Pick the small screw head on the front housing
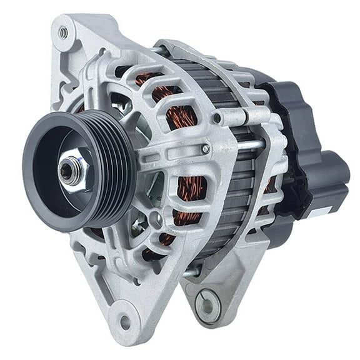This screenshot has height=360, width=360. tap(206, 149)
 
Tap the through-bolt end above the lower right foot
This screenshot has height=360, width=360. tap(193, 272)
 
